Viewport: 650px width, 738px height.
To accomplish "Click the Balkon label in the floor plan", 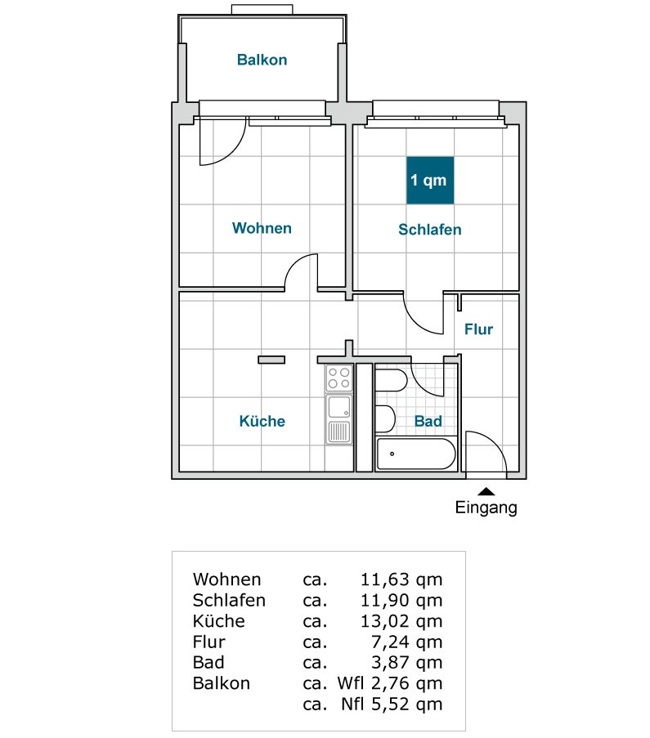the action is [262, 60].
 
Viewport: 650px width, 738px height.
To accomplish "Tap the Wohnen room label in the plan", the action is [262, 228].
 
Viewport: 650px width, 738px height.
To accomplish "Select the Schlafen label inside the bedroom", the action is [430, 230].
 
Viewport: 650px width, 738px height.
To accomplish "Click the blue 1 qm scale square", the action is [430, 181].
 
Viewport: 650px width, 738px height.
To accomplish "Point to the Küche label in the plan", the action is [262, 421].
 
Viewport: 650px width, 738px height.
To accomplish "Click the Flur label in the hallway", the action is [478, 329].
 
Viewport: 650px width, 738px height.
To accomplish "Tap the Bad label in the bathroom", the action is [428, 421].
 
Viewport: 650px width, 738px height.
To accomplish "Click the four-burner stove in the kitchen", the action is [339, 378].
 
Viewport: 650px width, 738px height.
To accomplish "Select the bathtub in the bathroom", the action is [416, 454].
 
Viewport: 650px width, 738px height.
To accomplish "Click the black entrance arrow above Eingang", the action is [486, 492].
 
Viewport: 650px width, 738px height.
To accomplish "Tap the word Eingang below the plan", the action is [486, 508].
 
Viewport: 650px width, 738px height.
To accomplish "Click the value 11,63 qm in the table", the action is [401, 579].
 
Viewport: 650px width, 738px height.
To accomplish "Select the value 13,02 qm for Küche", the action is [401, 621].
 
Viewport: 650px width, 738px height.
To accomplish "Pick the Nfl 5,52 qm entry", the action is [392, 704].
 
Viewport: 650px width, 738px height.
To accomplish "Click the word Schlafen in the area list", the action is [229, 600].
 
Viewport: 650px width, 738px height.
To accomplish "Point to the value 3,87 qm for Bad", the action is [407, 663].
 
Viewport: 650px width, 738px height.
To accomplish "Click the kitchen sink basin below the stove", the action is [339, 407].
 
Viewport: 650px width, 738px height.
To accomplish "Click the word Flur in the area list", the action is [209, 642].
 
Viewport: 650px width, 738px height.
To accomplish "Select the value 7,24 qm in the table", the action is [407, 642].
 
